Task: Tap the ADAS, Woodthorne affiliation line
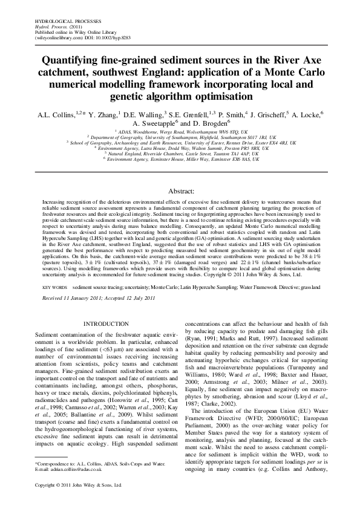[x=180, y=131]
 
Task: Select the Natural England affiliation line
[x=180, y=154]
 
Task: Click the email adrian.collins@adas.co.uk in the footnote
[x=78, y=469]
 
